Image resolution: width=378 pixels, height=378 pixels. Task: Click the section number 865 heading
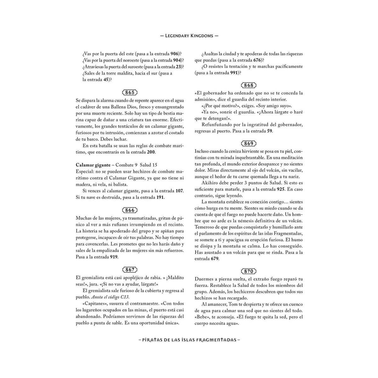coord(130,93)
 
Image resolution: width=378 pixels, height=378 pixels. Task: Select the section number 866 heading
coord(130,210)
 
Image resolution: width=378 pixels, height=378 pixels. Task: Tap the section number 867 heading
coord(130,270)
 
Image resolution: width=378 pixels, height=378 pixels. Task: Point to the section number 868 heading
coord(249,85)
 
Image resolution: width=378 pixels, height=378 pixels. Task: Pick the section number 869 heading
coord(249,144)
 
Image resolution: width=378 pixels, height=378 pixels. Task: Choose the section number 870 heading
coord(249,271)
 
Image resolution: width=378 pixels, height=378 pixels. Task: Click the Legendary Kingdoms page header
coord(189,36)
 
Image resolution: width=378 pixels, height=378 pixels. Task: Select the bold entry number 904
coord(177,60)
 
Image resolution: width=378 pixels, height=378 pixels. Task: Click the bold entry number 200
coord(151,152)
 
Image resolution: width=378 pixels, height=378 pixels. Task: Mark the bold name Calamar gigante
coord(93,165)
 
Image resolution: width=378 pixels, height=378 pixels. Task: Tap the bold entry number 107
coord(179,191)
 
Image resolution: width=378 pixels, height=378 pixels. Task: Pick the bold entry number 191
coord(160,198)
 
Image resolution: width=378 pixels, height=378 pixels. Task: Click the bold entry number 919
coord(114,257)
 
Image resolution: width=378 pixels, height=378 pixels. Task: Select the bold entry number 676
coord(258,60)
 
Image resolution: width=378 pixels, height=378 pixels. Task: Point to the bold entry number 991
coord(233,73)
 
